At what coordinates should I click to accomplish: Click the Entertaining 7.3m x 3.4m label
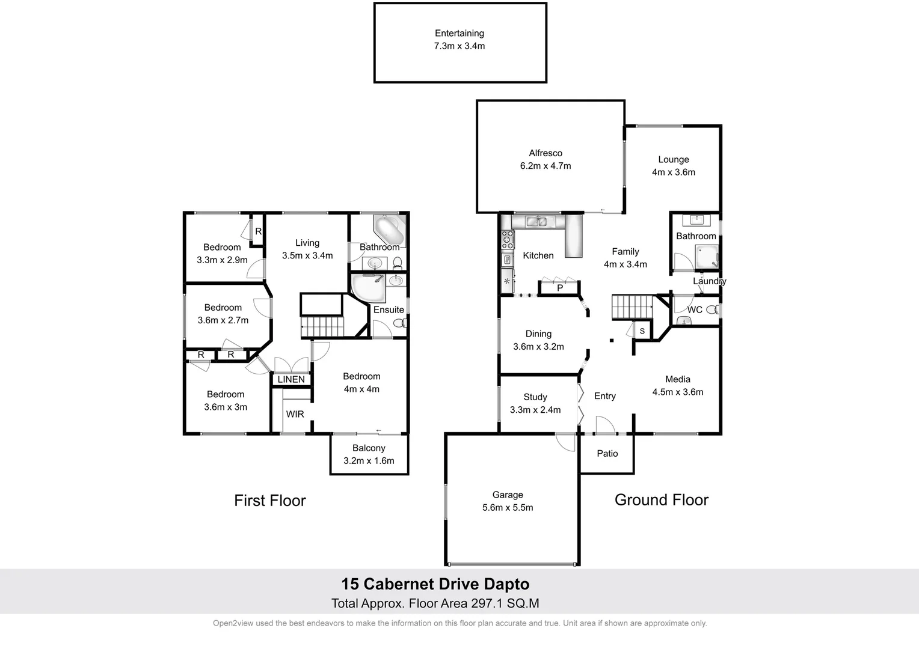[459, 40]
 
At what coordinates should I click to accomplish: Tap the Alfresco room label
[546, 153]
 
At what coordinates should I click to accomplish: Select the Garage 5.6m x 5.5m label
[508, 501]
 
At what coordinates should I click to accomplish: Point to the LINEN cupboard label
[291, 379]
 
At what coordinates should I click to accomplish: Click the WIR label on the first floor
[295, 414]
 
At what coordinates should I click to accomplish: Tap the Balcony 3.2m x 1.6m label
[369, 454]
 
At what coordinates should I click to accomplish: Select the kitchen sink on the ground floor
[536, 221]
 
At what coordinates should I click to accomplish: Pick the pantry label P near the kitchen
[560, 288]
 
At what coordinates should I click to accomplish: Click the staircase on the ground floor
[632, 307]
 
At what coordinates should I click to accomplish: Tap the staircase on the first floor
[322, 328]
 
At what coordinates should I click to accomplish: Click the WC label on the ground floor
[695, 309]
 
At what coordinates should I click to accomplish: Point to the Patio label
[607, 454]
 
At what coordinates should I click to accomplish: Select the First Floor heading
[270, 501]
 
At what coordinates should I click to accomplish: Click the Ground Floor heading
[661, 500]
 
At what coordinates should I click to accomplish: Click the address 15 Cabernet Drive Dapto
[435, 584]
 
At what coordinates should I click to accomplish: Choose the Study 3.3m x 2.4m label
[535, 403]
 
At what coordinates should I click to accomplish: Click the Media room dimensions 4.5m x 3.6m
[678, 392]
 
